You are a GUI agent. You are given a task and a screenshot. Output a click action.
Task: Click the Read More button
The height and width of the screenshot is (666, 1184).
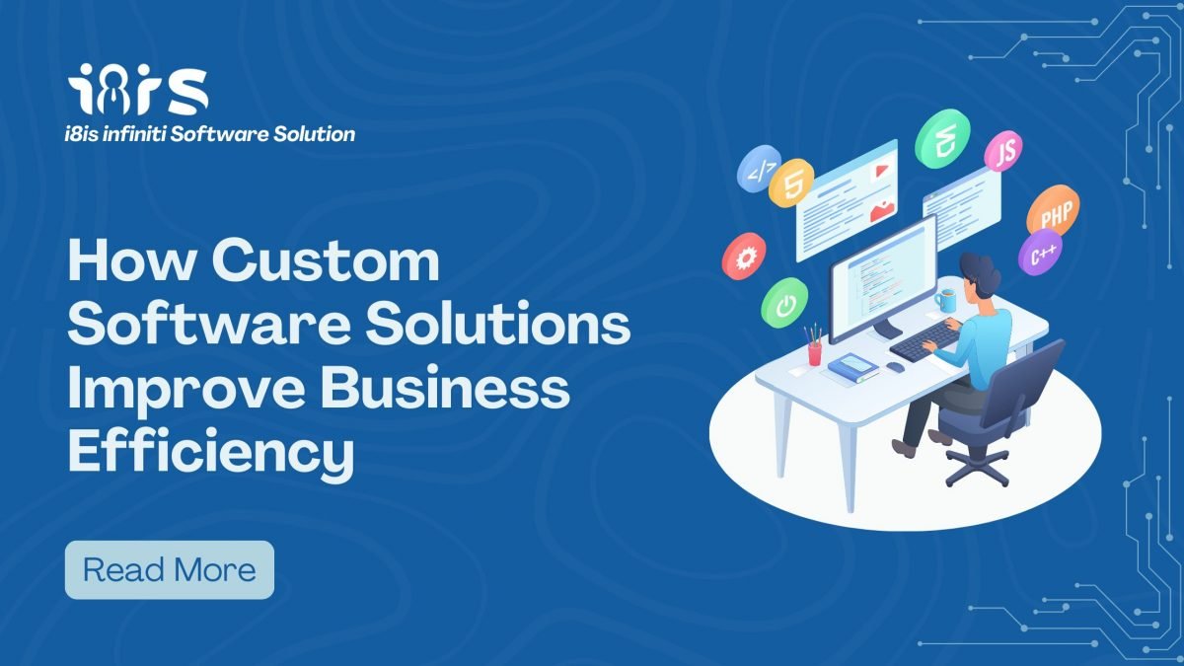pyautogui.click(x=170, y=570)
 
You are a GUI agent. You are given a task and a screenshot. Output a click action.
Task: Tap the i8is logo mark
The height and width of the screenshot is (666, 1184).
pyautogui.click(x=138, y=90)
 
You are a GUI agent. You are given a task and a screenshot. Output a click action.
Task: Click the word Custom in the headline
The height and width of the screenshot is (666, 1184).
pyautogui.click(x=326, y=260)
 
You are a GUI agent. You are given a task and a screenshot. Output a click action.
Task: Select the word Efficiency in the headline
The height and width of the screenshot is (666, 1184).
pyautogui.click(x=211, y=453)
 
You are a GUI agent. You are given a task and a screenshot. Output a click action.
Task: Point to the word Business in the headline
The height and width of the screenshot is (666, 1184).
pyautogui.click(x=445, y=388)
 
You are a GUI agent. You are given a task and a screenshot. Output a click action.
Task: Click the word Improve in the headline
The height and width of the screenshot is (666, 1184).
pyautogui.click(x=187, y=391)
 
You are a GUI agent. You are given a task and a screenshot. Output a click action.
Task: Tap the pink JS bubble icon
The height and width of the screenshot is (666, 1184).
pyautogui.click(x=1003, y=151)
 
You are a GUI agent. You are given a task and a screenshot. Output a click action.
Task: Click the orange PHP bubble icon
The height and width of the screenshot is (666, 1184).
pyautogui.click(x=1054, y=210)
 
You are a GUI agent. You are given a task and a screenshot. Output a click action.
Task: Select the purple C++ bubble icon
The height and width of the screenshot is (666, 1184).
pyautogui.click(x=1040, y=253)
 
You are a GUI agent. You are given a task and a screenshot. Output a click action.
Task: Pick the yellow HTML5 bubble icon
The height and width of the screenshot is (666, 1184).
pyautogui.click(x=791, y=183)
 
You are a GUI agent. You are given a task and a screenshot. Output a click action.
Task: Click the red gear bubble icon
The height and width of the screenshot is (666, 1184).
pyautogui.click(x=744, y=257)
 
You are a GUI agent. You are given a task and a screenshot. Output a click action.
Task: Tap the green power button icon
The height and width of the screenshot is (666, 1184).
pyautogui.click(x=784, y=303)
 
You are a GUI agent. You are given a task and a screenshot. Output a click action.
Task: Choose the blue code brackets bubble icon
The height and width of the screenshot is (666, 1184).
pyautogui.click(x=758, y=168)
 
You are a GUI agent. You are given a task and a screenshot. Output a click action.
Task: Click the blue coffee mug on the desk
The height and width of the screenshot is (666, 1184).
pyautogui.click(x=945, y=301)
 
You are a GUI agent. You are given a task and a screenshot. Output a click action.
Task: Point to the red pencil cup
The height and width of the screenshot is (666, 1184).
pyautogui.click(x=815, y=353)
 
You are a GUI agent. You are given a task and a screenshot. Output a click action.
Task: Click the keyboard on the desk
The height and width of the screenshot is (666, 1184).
pyautogui.click(x=926, y=341)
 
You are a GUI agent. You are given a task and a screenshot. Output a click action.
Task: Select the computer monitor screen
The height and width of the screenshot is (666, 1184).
pyautogui.click(x=883, y=278)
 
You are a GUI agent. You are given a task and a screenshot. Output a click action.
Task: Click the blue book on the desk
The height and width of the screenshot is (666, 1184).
pyautogui.click(x=852, y=366)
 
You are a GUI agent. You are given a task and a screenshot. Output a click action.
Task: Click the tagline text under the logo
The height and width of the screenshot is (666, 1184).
pyautogui.click(x=210, y=134)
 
